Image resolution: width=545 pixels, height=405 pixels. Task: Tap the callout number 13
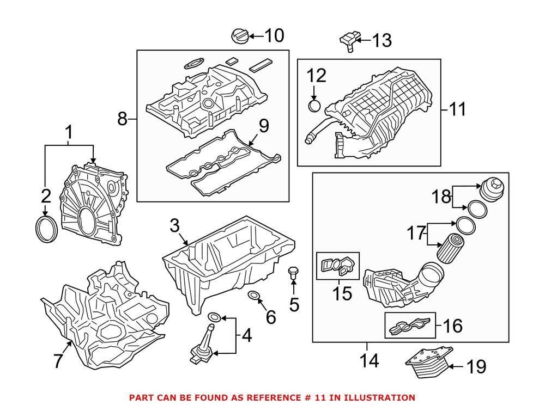click(381, 40)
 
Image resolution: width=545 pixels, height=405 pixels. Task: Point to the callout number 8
click(123, 118)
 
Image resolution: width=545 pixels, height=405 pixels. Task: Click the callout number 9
click(263, 126)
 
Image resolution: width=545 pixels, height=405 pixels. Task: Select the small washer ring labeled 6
click(254, 296)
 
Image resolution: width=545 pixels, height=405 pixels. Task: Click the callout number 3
click(174, 224)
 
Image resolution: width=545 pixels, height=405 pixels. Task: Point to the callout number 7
click(58, 361)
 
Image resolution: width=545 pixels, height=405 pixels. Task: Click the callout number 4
click(246, 336)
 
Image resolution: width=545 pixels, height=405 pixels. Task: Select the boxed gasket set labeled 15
click(337, 266)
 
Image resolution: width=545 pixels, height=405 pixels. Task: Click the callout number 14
click(367, 360)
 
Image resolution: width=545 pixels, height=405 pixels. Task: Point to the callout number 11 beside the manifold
click(457, 109)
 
